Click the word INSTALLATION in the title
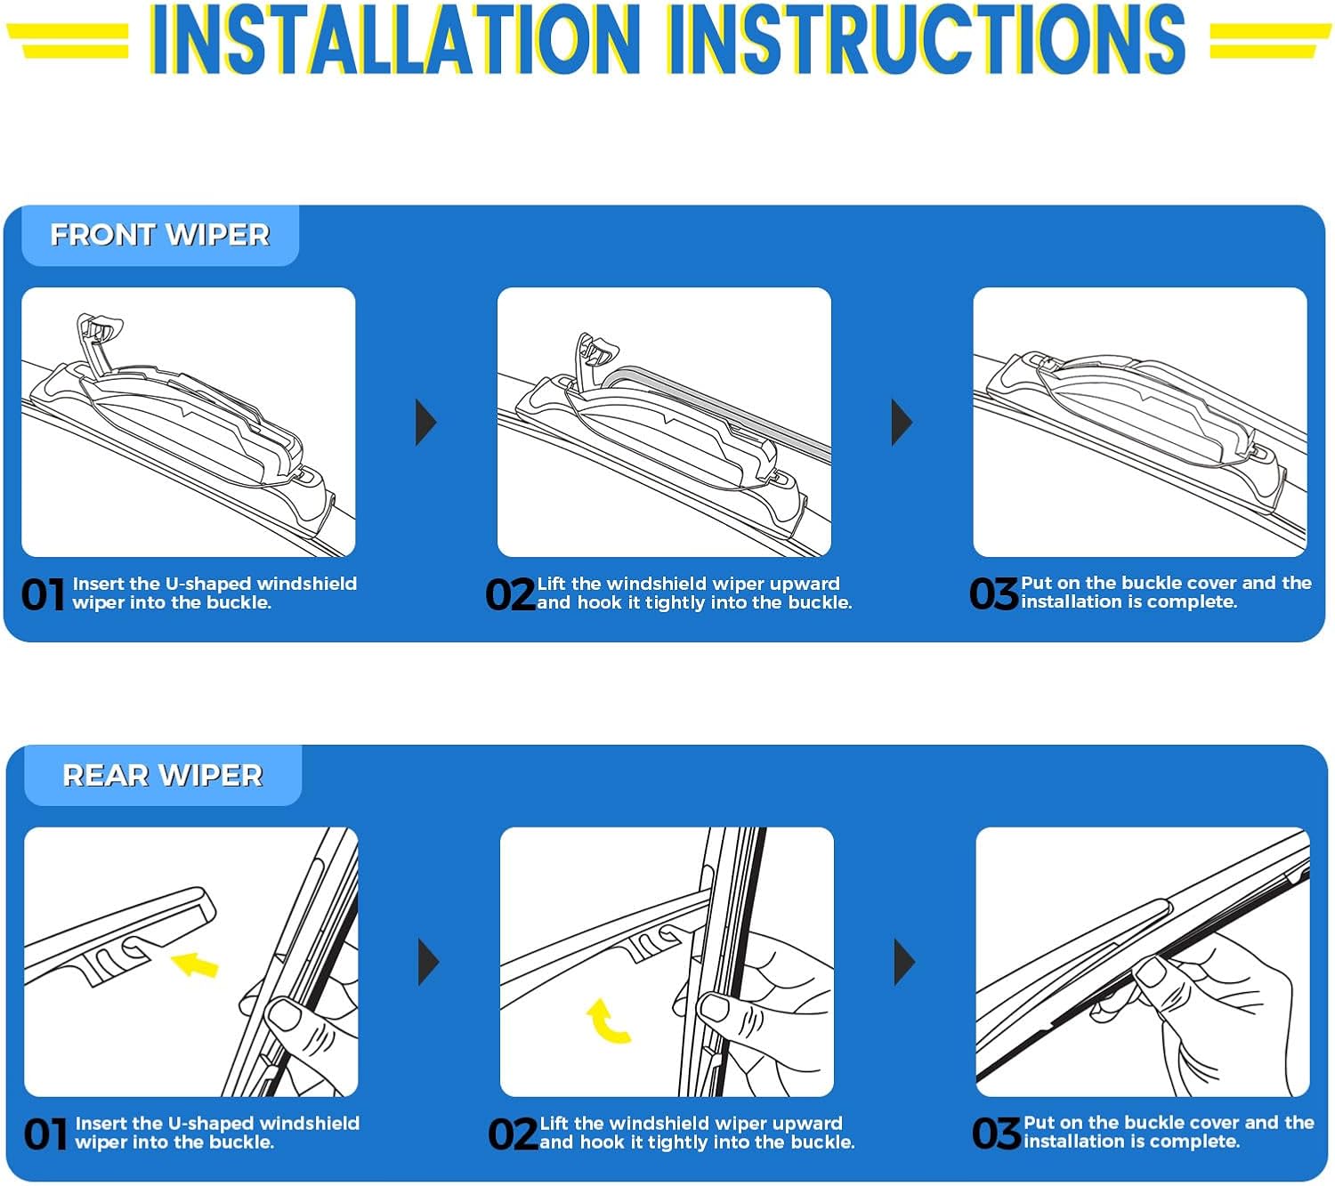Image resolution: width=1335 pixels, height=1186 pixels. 394,39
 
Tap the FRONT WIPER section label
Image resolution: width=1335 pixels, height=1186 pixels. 159,235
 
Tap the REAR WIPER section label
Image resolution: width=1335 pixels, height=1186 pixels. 163,775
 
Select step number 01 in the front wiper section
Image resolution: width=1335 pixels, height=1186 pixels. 43,595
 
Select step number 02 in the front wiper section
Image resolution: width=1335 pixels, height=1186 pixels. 509,595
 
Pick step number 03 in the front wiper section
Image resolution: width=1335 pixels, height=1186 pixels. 992,594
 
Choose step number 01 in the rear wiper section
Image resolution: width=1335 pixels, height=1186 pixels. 45,1135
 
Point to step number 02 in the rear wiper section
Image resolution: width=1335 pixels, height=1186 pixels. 512,1135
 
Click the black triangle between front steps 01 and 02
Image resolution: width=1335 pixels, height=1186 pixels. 426,423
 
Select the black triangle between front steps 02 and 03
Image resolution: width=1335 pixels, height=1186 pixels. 902,423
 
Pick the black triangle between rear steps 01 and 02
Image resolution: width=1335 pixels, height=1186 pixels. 429,962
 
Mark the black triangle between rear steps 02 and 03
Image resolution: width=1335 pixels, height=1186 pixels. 904,962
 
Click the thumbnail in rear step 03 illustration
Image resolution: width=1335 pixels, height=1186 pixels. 1151,971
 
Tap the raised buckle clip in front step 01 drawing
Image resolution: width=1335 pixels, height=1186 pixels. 98,334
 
